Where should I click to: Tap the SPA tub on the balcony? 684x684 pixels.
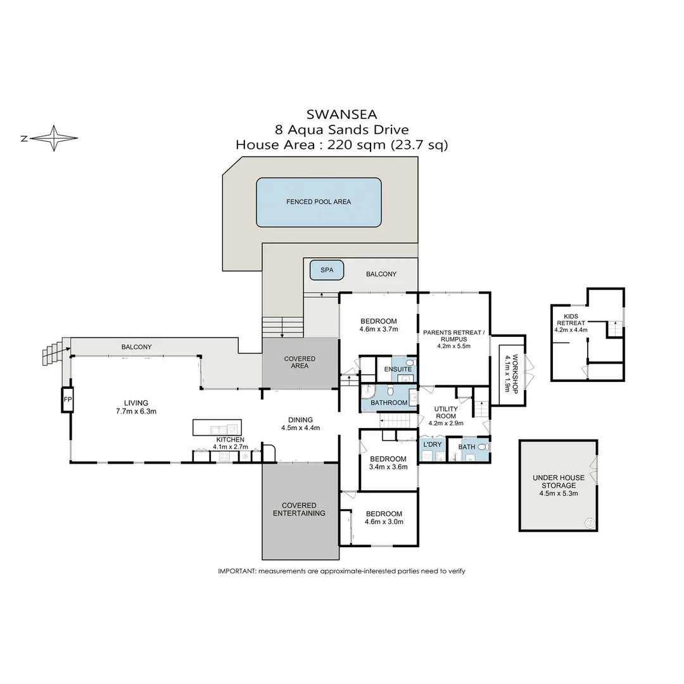click(x=326, y=270)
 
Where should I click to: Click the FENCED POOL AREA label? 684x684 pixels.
click(x=319, y=202)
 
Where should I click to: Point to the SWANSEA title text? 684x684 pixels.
click(x=341, y=115)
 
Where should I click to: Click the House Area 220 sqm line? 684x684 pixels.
click(x=341, y=145)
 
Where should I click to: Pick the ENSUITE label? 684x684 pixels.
click(x=398, y=369)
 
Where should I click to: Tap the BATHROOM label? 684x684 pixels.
click(x=389, y=403)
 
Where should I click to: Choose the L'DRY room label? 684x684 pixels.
click(x=432, y=445)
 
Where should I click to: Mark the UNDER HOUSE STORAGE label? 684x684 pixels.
click(x=558, y=481)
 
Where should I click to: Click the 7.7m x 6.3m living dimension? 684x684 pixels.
click(x=136, y=411)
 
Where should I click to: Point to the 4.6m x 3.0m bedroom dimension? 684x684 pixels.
click(x=384, y=522)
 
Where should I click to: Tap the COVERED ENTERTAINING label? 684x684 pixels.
click(x=299, y=509)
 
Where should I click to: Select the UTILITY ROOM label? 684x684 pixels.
click(x=446, y=412)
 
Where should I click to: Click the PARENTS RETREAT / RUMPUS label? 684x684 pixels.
click(x=453, y=336)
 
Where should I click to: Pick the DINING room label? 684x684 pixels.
click(x=300, y=419)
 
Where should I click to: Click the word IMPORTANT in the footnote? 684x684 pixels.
click(x=236, y=571)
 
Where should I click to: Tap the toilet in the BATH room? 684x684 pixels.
click(x=483, y=447)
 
